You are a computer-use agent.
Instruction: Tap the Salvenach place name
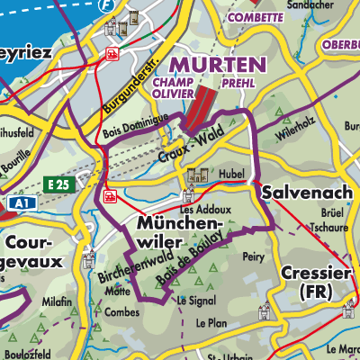[x=301, y=193]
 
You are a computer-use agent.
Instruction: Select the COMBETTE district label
[x=256, y=17]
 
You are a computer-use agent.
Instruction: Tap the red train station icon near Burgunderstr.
[x=113, y=54]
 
